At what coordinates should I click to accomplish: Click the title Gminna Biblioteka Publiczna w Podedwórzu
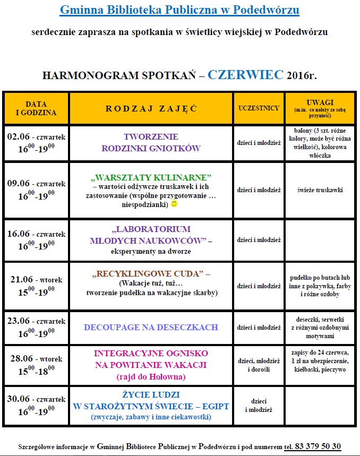[x=179, y=10]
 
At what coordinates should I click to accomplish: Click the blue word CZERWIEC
[x=245, y=74]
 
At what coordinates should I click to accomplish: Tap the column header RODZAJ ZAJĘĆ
[x=151, y=108]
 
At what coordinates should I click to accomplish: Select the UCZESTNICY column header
[x=259, y=108]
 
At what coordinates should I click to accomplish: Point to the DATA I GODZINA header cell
[x=36, y=108]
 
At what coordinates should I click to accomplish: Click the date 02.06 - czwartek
[x=36, y=137]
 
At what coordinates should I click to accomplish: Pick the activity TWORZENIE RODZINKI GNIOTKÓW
[x=151, y=142]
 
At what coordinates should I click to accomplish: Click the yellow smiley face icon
[x=175, y=203]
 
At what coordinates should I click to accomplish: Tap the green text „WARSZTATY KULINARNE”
[x=151, y=176]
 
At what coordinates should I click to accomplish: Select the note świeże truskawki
[x=319, y=190]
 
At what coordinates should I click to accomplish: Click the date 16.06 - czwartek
[x=36, y=234]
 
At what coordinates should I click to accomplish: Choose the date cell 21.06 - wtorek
[x=36, y=279]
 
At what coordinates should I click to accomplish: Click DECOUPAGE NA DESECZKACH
[x=151, y=327]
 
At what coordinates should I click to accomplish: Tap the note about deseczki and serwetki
[x=319, y=328]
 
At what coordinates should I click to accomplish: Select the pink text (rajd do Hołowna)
[x=151, y=377]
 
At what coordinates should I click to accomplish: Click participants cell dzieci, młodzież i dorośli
[x=259, y=365]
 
